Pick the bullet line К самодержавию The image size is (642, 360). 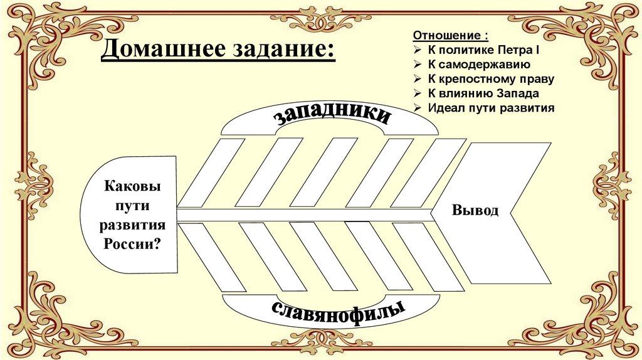pyautogui.click(x=480, y=64)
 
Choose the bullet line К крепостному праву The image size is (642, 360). pyautogui.click(x=491, y=79)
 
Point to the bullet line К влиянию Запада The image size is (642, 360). pyautogui.click(x=483, y=93)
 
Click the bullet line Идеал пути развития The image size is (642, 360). pyautogui.click(x=492, y=108)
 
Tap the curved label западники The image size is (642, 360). pyautogui.click(x=332, y=117)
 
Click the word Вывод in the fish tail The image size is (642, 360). pyautogui.click(x=475, y=210)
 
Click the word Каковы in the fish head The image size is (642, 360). pyautogui.click(x=132, y=186)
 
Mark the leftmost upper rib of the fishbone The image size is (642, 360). pyautogui.click(x=211, y=172)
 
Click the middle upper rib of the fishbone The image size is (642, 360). pyautogui.click(x=324, y=172)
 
